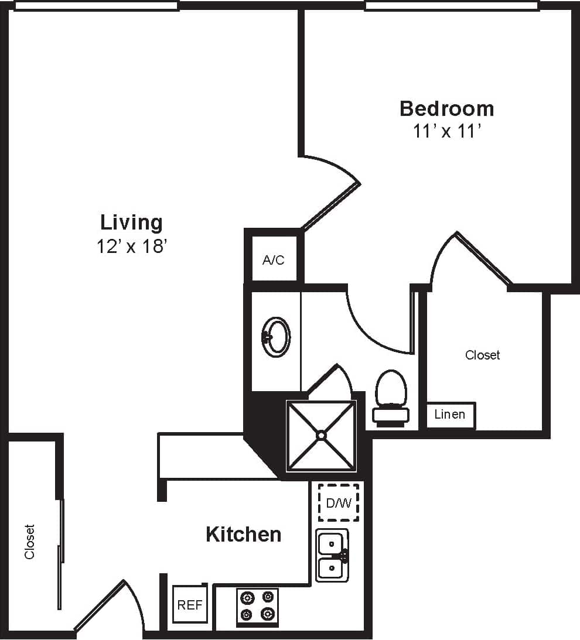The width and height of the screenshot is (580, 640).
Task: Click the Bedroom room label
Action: coord(446,108)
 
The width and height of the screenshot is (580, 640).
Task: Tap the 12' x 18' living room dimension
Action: coord(132,247)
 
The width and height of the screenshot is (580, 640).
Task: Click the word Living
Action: coord(131,223)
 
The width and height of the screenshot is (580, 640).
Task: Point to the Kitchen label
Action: coord(243,534)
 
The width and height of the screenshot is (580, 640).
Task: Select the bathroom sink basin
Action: coord(276,337)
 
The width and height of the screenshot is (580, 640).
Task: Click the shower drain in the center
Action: coord(321,435)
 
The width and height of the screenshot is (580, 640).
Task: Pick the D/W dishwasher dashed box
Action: coord(338,502)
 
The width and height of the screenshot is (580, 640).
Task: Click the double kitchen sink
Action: coord(332,555)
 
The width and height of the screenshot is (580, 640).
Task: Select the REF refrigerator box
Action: coord(190,605)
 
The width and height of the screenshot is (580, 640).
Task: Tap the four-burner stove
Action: coord(257,606)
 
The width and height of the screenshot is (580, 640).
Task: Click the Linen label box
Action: coord(450,415)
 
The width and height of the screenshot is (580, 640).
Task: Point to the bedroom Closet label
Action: coord(482,355)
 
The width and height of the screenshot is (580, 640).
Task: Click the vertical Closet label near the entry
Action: coord(29,542)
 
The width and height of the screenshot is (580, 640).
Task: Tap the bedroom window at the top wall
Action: coord(451,6)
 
